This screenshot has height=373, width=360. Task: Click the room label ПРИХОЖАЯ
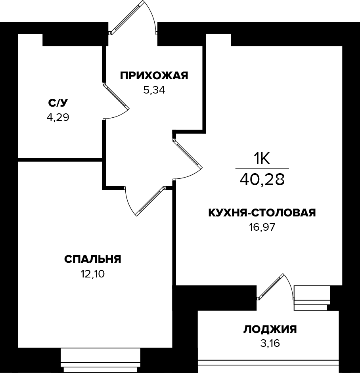[x=154, y=75]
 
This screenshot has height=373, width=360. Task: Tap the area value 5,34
[x=154, y=90]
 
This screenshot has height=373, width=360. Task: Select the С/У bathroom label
[x=58, y=103]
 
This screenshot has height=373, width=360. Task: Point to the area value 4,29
[x=58, y=117]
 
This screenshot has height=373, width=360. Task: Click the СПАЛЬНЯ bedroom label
[x=92, y=259]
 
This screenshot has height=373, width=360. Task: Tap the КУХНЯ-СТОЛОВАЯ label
[x=262, y=213]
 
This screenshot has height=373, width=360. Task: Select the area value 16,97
[x=262, y=227]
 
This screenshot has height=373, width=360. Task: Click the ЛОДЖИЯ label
[x=270, y=329]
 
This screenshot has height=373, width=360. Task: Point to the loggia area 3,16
[x=270, y=343]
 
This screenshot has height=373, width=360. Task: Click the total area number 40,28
[x=262, y=180]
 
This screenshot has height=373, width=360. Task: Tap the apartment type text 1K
[x=262, y=159]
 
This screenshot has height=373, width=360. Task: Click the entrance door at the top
[x=127, y=17]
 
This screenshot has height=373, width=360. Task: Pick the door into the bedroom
[x=149, y=201]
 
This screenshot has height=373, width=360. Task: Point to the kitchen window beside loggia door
[x=312, y=298]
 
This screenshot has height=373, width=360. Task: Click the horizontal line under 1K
[x=262, y=169]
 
